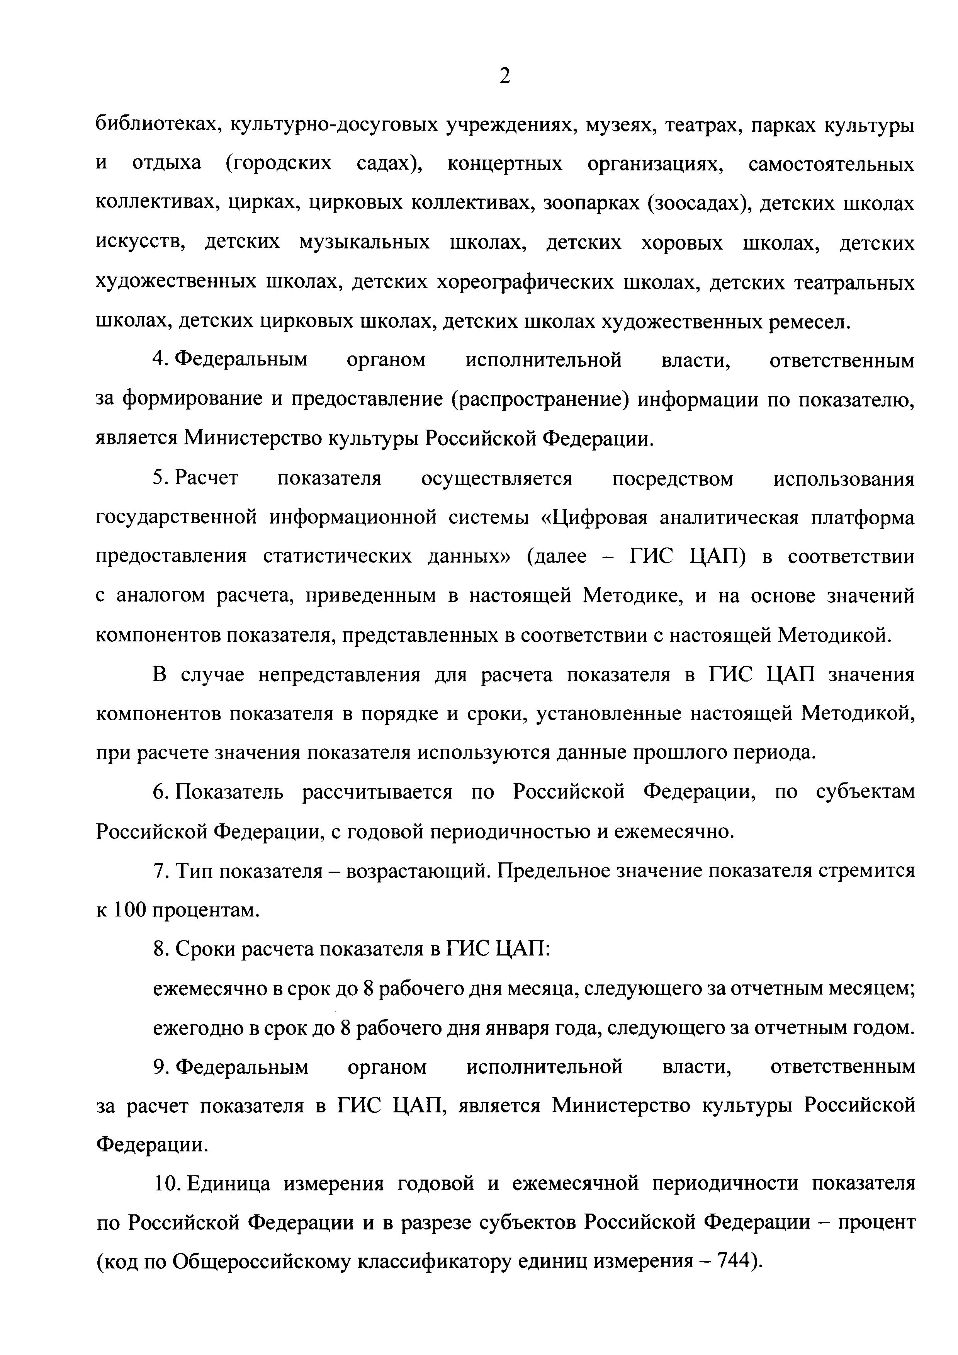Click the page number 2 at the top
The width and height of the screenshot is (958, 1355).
coord(504,77)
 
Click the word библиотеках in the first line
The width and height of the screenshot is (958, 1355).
coord(158,125)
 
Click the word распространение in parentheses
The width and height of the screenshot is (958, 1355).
coord(542,400)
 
